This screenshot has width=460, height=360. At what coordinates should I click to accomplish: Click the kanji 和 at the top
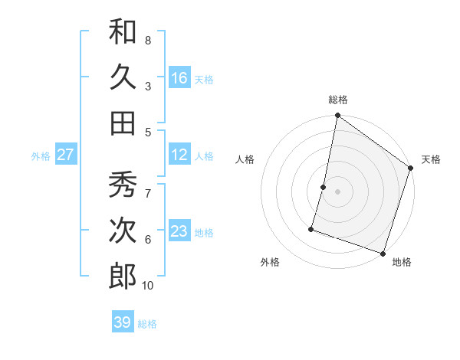(x=123, y=31)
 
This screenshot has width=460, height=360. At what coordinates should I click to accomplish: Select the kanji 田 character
(x=123, y=123)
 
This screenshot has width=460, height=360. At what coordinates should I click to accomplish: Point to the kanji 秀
(x=123, y=185)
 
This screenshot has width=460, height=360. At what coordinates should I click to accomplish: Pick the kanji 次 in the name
(x=123, y=231)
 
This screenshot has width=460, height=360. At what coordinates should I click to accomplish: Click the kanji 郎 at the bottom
(x=123, y=277)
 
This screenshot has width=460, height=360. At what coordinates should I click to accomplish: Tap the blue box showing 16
(x=179, y=77)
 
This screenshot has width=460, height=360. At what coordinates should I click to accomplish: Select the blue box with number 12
(x=179, y=155)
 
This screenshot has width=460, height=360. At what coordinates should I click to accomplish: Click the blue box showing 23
(x=179, y=231)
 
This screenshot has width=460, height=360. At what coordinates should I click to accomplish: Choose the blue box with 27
(x=66, y=155)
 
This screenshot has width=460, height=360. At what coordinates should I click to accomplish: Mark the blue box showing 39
(x=123, y=322)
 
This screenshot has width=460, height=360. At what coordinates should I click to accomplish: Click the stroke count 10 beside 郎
(x=148, y=286)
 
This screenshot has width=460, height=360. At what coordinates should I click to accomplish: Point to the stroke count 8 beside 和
(x=148, y=39)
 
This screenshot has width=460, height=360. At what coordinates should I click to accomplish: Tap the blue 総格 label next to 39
(x=147, y=323)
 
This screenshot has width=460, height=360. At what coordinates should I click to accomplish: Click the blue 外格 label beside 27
(x=41, y=155)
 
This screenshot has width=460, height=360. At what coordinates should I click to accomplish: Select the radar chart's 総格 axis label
(x=338, y=100)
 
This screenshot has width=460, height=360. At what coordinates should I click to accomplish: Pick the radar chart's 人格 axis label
(x=245, y=159)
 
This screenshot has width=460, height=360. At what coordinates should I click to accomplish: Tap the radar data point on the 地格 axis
(x=383, y=253)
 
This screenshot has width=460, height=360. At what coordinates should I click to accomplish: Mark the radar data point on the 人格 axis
(x=324, y=187)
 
